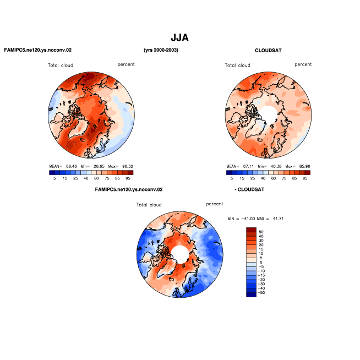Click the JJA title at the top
[x=179, y=37]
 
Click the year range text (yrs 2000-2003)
[x=161, y=50]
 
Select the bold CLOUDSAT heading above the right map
[x=268, y=50]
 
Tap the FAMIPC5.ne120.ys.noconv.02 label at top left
[x=38, y=50]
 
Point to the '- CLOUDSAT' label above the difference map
[x=249, y=189]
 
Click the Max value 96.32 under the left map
[x=128, y=166]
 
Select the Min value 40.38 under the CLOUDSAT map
[x=276, y=166]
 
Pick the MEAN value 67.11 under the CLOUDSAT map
[x=248, y=166]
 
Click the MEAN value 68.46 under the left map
[x=71, y=166]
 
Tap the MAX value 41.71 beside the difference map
[x=278, y=219]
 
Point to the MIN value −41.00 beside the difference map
[x=248, y=219]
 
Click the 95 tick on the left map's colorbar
[x=128, y=178]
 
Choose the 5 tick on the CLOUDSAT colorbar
[x=232, y=178]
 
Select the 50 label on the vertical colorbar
[x=261, y=232]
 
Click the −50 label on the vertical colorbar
[x=261, y=292]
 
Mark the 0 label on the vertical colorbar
[x=261, y=262]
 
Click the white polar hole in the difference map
[x=180, y=254]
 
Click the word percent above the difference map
[x=215, y=204]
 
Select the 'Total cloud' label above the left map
[x=61, y=65]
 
